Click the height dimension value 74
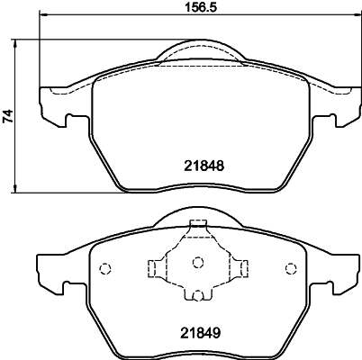click(9, 115)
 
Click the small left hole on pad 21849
click(104, 267)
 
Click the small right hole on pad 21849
click(290, 267)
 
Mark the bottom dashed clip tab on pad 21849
click(197, 294)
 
